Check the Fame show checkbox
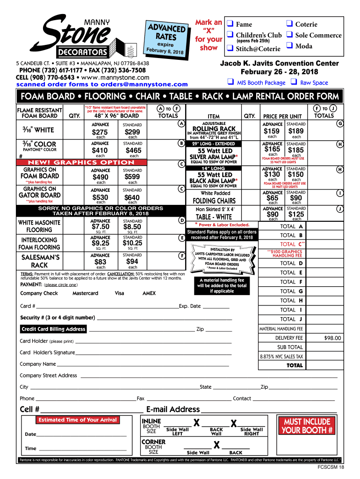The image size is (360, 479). pyautogui.click(x=230, y=24)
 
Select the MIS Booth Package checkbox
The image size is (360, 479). pyautogui.click(x=230, y=82)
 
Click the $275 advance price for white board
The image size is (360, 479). pyautogui.click(x=101, y=132)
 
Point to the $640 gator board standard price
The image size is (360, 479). pyautogui.click(x=132, y=197)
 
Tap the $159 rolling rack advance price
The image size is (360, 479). pyautogui.click(x=272, y=131)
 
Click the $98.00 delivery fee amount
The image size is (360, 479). pyautogui.click(x=332, y=338)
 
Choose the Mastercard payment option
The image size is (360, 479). pyautogui.click(x=85, y=293)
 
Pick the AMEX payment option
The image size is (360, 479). pyautogui.click(x=149, y=293)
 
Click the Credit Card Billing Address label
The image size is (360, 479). pyautogui.click(x=53, y=329)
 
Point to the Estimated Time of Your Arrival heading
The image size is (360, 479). pyautogui.click(x=78, y=420)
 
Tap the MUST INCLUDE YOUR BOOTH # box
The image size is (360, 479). pyautogui.click(x=307, y=426)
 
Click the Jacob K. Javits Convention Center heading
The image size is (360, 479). pyautogui.click(x=279, y=64)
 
